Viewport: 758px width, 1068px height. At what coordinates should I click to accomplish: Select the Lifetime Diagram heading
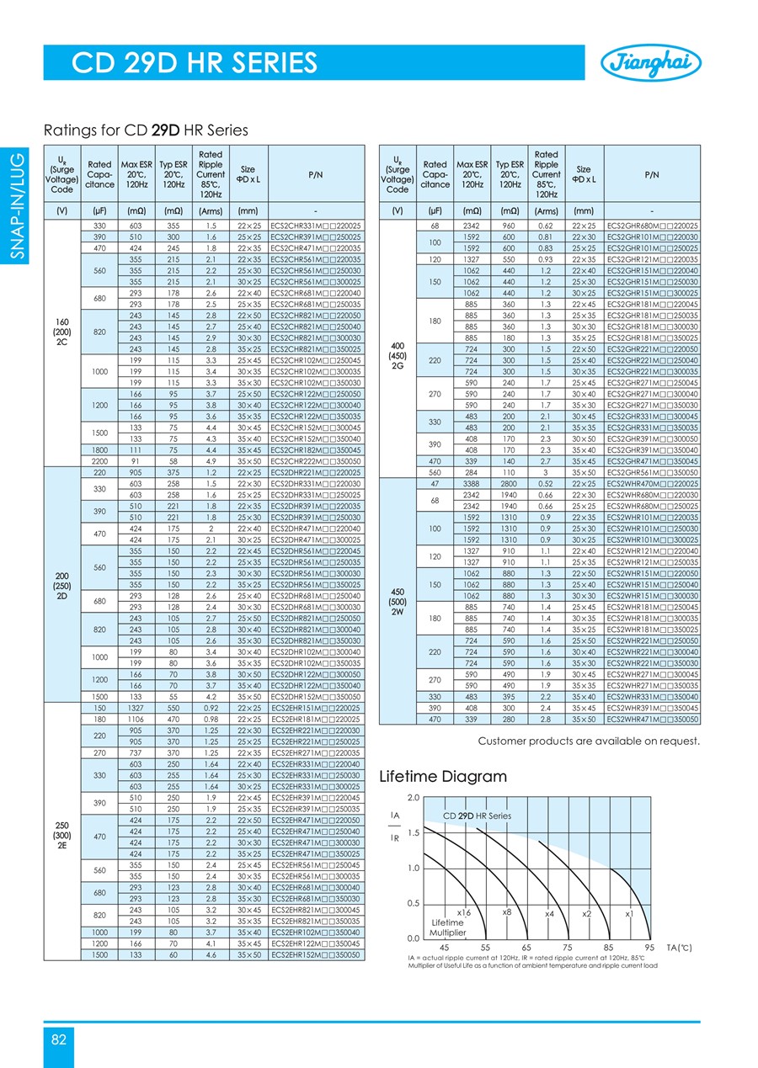point(443,776)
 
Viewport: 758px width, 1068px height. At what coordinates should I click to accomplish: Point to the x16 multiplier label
point(463,913)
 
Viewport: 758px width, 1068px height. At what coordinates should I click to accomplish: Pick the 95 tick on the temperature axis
point(649,948)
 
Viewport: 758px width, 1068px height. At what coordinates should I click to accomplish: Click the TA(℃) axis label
point(680,948)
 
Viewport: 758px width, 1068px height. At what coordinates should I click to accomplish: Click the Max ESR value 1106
point(130,720)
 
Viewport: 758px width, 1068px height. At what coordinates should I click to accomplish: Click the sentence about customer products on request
point(589,741)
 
